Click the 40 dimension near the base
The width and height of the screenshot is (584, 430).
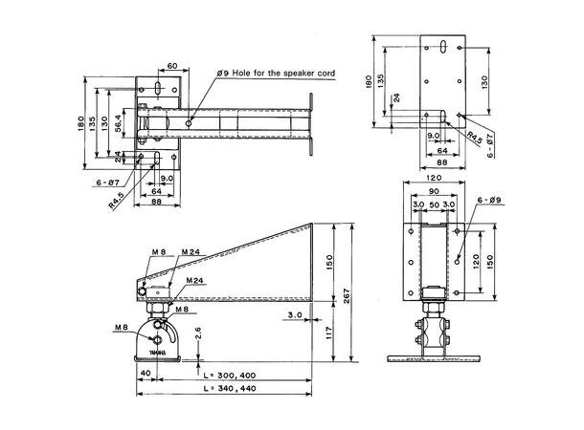point(146,373)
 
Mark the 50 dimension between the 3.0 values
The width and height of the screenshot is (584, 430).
point(435,204)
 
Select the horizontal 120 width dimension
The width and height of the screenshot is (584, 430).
point(435,178)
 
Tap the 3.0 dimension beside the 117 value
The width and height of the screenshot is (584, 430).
point(294,312)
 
